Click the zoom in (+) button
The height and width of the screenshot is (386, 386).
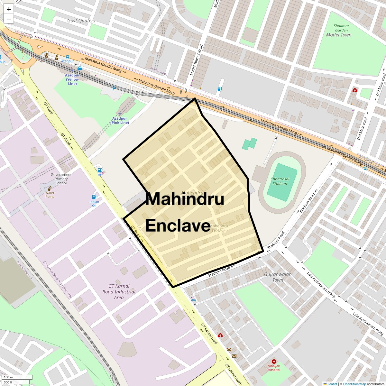(x=9, y=9)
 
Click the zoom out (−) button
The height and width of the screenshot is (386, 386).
(x=9, y=19)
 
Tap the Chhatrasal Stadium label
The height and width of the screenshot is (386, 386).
(x=280, y=181)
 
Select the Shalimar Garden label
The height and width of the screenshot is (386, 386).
(x=341, y=28)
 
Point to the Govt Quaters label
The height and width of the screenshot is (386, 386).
(x=81, y=21)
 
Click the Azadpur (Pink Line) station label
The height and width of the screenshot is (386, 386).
(x=120, y=121)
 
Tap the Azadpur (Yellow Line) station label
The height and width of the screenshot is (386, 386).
(x=72, y=79)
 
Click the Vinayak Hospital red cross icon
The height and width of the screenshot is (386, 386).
(x=274, y=362)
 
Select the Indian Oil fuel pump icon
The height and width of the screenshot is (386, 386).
(x=94, y=197)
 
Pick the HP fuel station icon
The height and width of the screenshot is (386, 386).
(x=100, y=170)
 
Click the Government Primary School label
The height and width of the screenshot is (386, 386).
(x=61, y=179)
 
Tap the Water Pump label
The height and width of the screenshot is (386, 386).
(x=50, y=195)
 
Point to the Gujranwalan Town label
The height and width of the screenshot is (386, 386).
(x=278, y=277)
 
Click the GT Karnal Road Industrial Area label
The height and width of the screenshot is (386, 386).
(x=119, y=291)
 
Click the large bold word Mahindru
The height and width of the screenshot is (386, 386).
(x=185, y=199)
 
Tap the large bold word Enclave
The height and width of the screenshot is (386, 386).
(x=178, y=225)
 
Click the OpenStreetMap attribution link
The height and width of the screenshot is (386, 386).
(x=354, y=384)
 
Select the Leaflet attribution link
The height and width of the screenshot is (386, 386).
(x=332, y=384)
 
